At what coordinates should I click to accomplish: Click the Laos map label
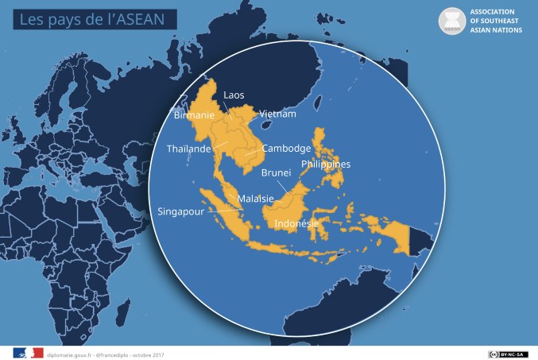(234, 95)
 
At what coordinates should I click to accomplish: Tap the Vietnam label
(277, 114)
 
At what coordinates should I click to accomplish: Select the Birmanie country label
(193, 114)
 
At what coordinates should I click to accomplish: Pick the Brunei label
(276, 172)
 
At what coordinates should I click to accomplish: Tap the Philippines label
(325, 165)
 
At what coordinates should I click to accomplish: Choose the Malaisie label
(254, 198)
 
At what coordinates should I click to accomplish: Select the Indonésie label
(296, 224)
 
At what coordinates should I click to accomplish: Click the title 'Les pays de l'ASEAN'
(77, 17)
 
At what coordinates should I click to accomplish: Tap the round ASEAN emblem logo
(453, 21)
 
